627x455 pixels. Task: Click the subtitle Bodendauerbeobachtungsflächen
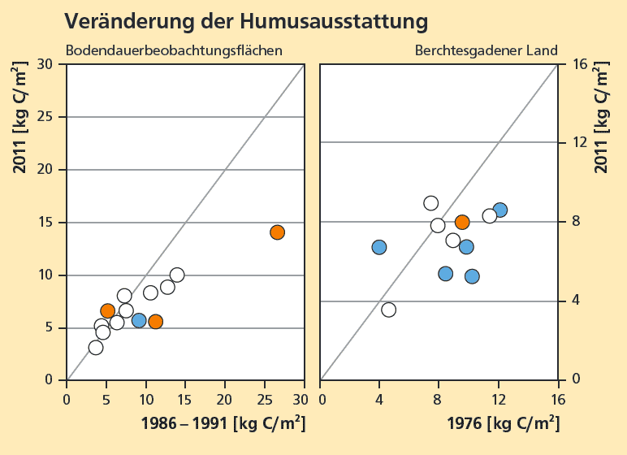pos(174,50)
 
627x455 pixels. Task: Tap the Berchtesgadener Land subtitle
pos(486,50)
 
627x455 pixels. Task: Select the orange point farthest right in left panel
pos(277,232)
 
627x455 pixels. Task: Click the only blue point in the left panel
pos(139,320)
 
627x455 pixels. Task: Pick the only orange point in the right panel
pos(462,222)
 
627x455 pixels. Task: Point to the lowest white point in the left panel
pos(96,348)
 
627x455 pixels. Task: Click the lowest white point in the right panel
pos(388,310)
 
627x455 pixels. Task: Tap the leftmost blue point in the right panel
pos(379,247)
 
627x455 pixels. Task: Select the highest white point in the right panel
pos(431,203)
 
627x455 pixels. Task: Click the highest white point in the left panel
pos(177,275)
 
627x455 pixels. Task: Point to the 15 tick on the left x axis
pos(185,400)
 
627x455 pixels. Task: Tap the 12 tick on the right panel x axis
pos(499,400)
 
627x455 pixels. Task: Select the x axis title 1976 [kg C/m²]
pos(503,422)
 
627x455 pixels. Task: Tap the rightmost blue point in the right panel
pos(499,210)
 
